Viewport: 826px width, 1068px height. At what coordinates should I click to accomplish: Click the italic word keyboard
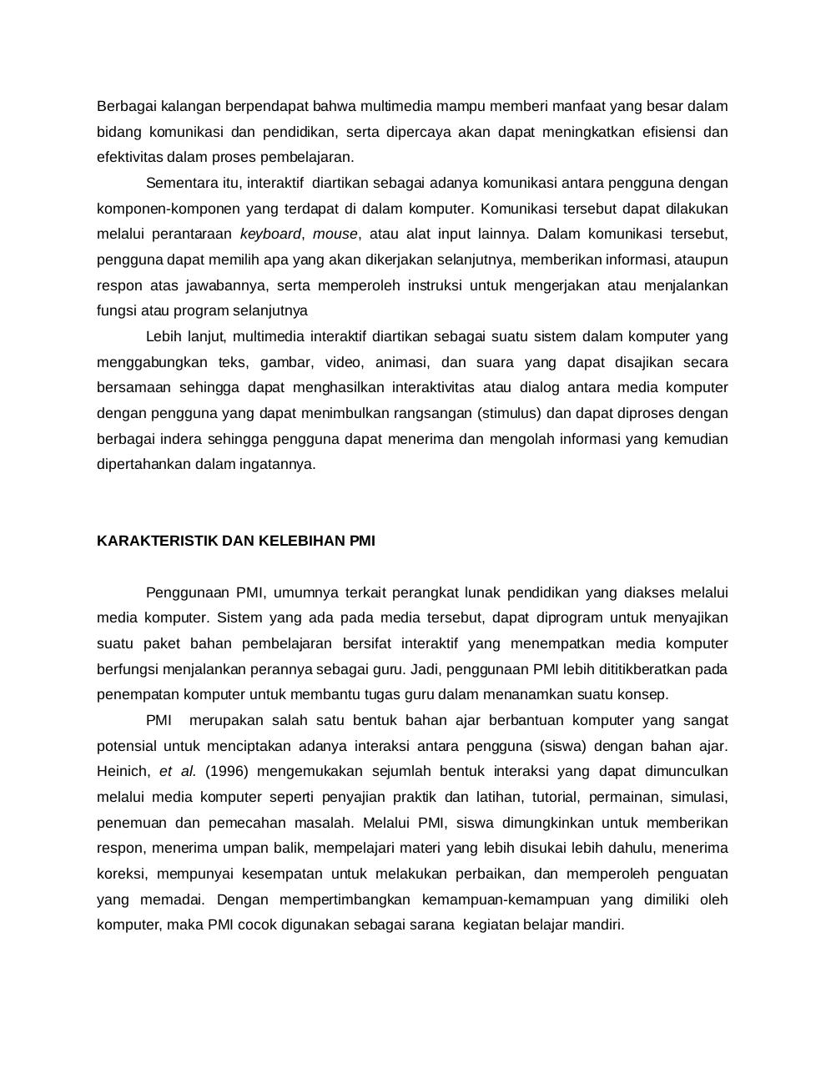click(x=270, y=234)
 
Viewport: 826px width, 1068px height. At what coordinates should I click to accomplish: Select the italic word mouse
click(x=335, y=234)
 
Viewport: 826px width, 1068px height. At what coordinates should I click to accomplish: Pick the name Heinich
click(x=123, y=771)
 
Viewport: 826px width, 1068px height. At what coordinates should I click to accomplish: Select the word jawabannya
click(x=227, y=285)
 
